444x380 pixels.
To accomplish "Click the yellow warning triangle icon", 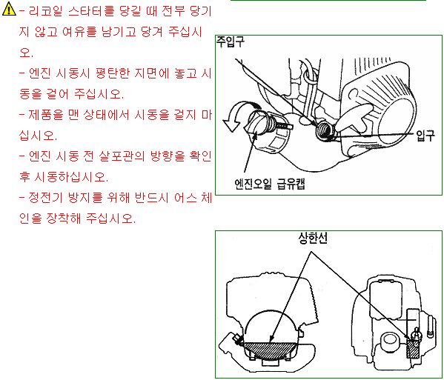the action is [9, 9].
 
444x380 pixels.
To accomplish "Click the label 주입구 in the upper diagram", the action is [230, 42].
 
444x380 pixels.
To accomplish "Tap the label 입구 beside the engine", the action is [425, 136].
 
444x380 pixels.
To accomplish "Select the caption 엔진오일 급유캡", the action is [270, 184].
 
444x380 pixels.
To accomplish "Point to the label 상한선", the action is [313, 238].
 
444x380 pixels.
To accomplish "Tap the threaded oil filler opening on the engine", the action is [325, 130].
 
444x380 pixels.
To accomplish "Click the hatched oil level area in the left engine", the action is [270, 351].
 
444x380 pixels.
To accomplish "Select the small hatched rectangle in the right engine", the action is [413, 348].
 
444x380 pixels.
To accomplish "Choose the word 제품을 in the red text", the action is [46, 115].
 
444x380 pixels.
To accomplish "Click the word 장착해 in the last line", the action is [64, 219].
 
